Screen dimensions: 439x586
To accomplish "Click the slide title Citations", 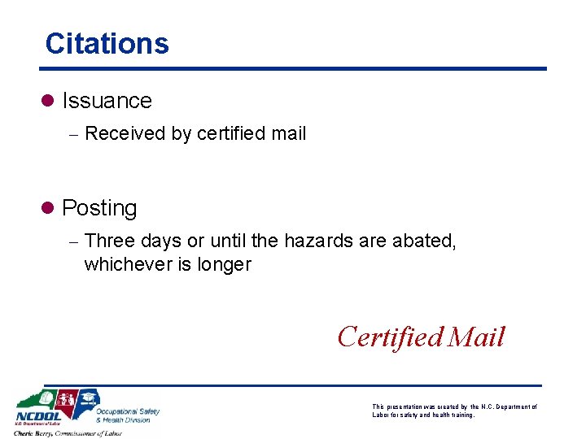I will (x=107, y=43).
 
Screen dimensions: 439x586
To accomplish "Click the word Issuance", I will (x=107, y=101).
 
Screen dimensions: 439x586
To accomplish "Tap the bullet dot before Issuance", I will (x=48, y=101).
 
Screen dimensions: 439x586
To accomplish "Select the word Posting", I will (x=99, y=208).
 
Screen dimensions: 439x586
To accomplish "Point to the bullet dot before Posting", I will (x=48, y=208).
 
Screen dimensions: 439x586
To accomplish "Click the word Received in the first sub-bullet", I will (x=125, y=133).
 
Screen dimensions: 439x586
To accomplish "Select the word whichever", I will (x=125, y=264).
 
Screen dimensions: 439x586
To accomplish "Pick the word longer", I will (x=225, y=265).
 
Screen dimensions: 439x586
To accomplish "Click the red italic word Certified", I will (x=390, y=337).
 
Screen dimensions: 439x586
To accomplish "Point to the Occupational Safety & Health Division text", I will (x=127, y=415).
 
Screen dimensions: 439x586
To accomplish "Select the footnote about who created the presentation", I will (x=453, y=411).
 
